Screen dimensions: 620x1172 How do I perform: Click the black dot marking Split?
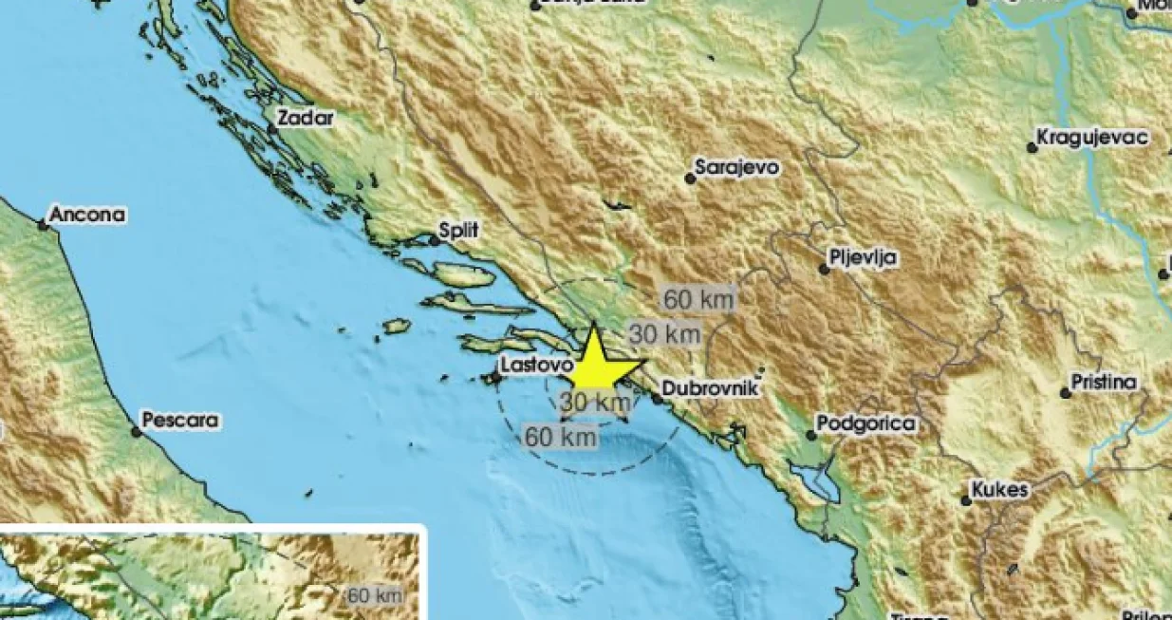(x=435, y=240)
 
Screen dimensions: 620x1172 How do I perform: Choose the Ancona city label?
(x=86, y=216)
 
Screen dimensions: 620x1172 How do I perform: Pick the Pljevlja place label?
(x=862, y=258)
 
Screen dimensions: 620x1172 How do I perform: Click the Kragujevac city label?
(x=1092, y=138)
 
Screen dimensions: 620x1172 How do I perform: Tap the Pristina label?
(x=1103, y=383)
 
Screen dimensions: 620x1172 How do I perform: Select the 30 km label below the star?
(x=595, y=403)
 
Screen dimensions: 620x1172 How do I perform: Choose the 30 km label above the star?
(x=665, y=334)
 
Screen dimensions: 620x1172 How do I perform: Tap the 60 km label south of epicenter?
(x=561, y=437)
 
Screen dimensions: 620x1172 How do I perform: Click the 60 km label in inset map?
(x=376, y=596)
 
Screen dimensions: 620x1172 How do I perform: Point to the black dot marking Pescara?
(x=136, y=431)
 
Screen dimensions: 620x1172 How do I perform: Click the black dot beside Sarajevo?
(x=690, y=178)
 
